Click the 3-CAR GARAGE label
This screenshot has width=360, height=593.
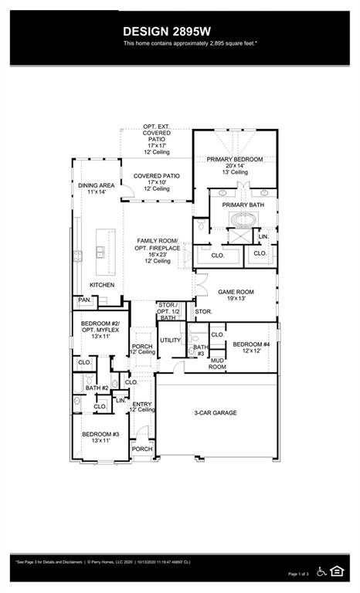point(215,413)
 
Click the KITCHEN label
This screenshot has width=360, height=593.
point(102,285)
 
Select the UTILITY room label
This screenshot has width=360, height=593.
point(170,340)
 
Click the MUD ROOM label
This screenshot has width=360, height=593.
point(216,364)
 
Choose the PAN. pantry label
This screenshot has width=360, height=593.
point(84,300)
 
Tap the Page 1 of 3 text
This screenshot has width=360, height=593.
point(298,574)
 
